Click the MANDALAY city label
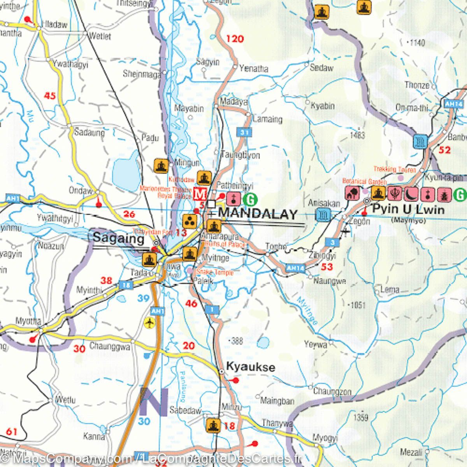point(258,214)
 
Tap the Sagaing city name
point(118,238)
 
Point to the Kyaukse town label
point(251,367)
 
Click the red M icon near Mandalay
point(200,193)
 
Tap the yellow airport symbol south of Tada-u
point(149,323)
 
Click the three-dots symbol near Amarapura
point(190,221)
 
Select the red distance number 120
point(235,39)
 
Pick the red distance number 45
point(50,95)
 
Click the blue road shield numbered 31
point(244,133)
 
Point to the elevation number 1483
point(357,135)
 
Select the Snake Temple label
point(215,272)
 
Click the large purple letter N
point(154,402)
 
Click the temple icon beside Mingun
point(161,166)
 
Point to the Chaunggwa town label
point(110,346)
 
